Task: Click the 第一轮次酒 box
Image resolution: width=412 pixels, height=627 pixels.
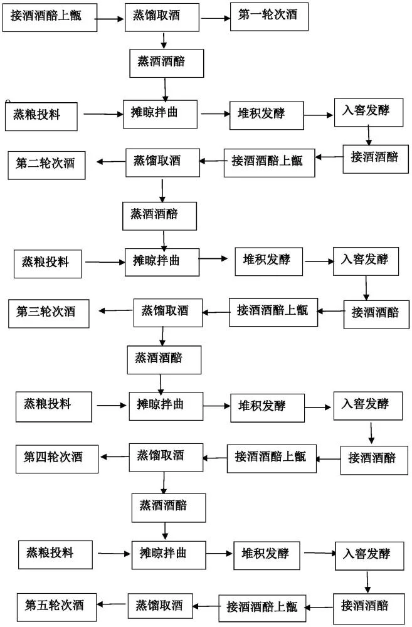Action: pyautogui.click(x=270, y=18)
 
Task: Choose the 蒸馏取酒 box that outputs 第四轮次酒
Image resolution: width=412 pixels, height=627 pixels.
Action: pyautogui.click(x=166, y=456)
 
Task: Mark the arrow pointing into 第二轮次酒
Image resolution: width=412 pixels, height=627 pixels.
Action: pyautogui.click(x=110, y=162)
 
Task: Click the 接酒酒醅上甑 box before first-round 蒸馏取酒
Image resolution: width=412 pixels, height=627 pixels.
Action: pyautogui.click(x=50, y=18)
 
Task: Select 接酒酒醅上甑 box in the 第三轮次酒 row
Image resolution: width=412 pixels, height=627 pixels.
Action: pyautogui.click(x=273, y=310)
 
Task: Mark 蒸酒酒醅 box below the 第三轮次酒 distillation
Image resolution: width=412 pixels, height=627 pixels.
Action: pyautogui.click(x=164, y=359)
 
